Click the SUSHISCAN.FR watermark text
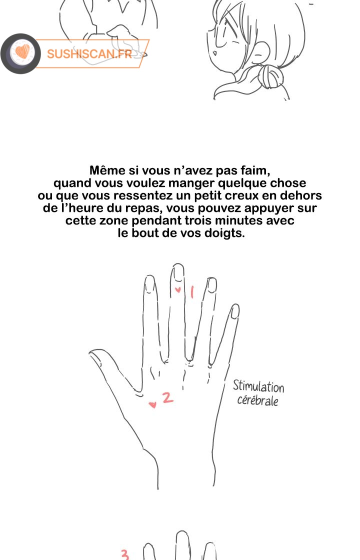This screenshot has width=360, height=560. click(89, 53)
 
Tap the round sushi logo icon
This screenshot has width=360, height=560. click(20, 53)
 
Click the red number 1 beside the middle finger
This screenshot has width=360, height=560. click(192, 292)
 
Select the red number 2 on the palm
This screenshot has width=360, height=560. click(167, 397)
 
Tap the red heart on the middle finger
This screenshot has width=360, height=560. click(178, 289)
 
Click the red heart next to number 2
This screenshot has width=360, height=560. click(152, 404)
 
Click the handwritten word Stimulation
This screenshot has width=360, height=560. click(258, 386)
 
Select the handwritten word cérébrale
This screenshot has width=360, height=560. click(257, 400)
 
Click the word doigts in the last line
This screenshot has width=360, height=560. click(224, 233)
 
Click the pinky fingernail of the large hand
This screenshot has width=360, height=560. click(235, 311)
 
